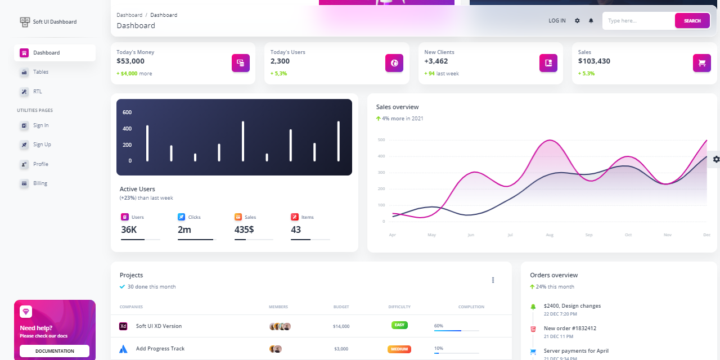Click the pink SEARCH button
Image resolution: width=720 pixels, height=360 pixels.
pos(692,21)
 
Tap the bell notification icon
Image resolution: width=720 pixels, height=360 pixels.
pos(591,21)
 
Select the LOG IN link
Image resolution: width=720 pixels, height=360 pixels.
pos(557,21)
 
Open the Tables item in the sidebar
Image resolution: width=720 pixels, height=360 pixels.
pos(40,72)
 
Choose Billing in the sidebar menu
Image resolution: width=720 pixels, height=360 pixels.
pos(40,183)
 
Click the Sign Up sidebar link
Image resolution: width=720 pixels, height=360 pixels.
pos(42,145)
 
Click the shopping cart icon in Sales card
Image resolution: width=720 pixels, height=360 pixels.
pos(701,63)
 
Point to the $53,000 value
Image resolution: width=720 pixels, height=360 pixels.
pos(130,61)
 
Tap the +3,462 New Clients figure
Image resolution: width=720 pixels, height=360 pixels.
pos(436,61)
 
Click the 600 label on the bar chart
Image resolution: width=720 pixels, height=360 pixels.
pos(127,112)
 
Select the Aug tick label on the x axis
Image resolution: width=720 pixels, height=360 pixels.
pos(550,235)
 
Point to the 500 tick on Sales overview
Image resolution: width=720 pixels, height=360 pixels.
pos(381,139)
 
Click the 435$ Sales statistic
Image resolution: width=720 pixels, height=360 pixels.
pos(244,229)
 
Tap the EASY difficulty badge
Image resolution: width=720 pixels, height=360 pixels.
pos(399,325)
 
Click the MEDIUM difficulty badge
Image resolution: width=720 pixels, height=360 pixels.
pos(399,349)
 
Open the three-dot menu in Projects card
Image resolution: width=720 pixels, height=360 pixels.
pos(493,280)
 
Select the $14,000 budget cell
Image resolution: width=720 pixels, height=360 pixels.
pos(341,326)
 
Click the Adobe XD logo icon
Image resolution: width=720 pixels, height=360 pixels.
pos(124,326)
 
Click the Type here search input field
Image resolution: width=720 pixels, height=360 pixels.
pos(638,21)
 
